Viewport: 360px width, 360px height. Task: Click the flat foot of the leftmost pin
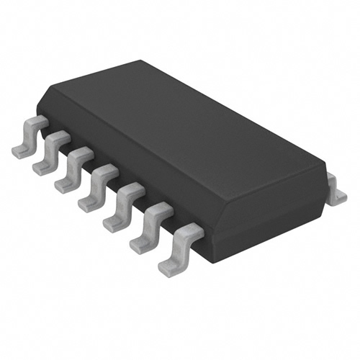click(20, 150)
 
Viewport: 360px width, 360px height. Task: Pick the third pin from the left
click(71, 168)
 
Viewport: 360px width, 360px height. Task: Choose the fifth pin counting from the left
click(120, 206)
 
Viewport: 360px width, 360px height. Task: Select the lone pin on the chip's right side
click(334, 189)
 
